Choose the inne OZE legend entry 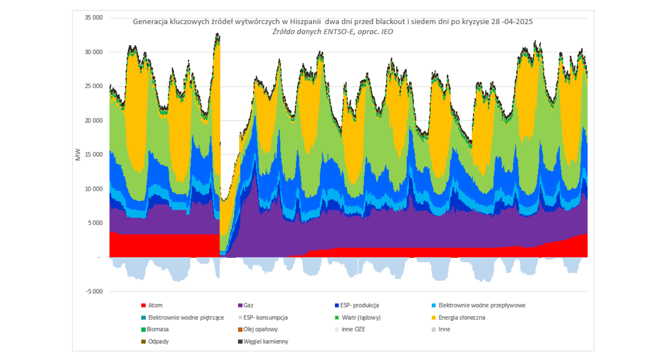click(x=353, y=329)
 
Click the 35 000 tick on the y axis click(x=94, y=18)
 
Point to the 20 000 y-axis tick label click(x=94, y=120)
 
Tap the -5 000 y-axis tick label click(x=94, y=292)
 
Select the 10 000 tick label click(x=94, y=189)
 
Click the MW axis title click(x=78, y=154)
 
